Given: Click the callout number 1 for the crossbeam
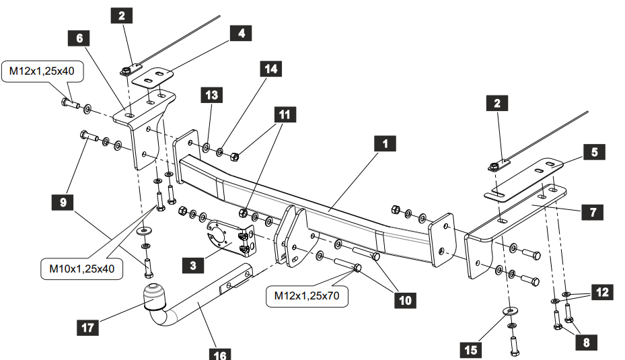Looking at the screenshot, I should pyautogui.click(x=385, y=144).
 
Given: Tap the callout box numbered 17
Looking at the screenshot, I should pyautogui.click(x=88, y=328).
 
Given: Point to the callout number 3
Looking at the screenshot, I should pyautogui.click(x=192, y=265).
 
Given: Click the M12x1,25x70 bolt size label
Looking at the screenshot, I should pyautogui.click(x=306, y=295).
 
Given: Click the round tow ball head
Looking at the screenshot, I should pyautogui.click(x=155, y=296).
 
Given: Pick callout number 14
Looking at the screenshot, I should pyautogui.click(x=270, y=69).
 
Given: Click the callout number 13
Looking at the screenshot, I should pyautogui.click(x=211, y=96).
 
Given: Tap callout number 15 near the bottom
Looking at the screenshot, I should pyautogui.click(x=471, y=349).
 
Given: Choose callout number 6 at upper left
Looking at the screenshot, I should pyautogui.click(x=79, y=38).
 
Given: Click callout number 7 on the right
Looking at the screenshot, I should pyautogui.click(x=593, y=212).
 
